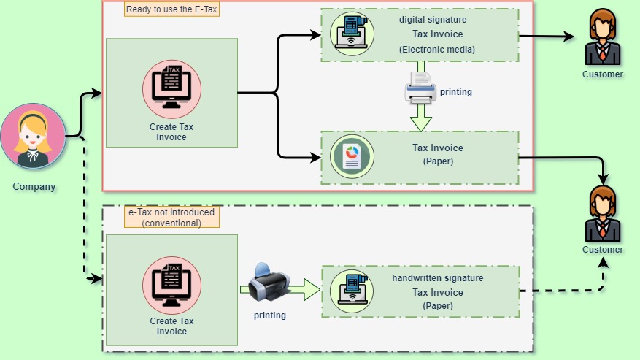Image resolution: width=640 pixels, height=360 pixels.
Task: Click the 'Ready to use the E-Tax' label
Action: (171, 9)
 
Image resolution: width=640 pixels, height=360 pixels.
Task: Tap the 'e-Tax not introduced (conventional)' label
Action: (171, 218)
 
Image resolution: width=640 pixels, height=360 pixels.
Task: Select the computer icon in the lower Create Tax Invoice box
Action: (171, 284)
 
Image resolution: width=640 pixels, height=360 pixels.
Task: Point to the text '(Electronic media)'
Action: (437, 49)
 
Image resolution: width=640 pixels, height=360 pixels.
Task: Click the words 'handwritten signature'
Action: (437, 278)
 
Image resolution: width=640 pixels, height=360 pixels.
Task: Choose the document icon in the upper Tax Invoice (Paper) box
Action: (352, 156)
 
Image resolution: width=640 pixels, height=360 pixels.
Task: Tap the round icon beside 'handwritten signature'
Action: (352, 288)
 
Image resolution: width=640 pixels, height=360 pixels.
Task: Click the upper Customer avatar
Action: (603, 39)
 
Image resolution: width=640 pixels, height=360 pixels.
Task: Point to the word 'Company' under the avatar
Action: (34, 187)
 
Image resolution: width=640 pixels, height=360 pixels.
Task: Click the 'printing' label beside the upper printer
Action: (456, 93)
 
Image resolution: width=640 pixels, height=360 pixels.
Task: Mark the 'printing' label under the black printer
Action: (269, 315)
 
